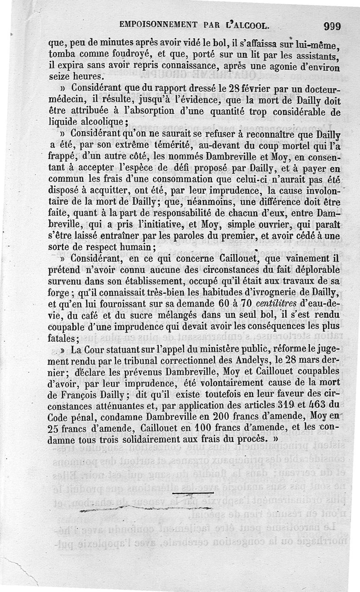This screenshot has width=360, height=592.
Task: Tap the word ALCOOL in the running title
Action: coord(249,26)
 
